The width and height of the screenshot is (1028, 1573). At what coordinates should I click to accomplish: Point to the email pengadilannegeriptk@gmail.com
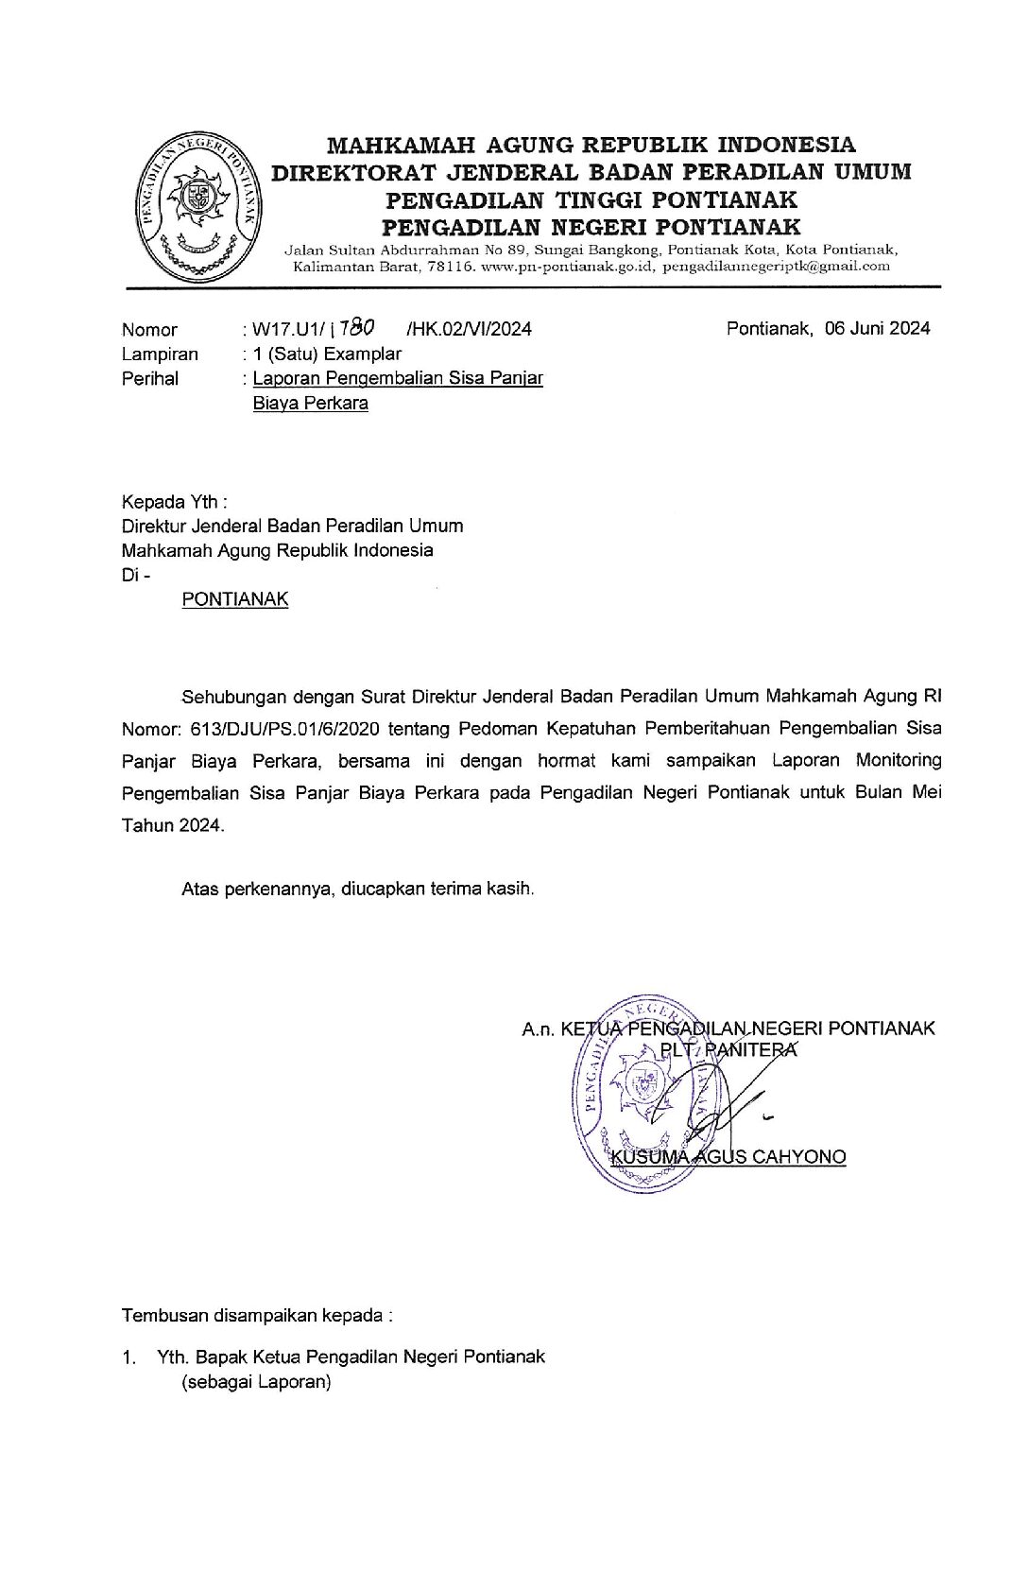[776, 267]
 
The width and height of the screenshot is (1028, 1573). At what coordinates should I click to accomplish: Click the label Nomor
[149, 330]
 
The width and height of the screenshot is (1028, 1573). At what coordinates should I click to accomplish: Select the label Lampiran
[160, 354]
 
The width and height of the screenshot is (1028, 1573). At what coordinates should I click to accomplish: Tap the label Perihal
[150, 379]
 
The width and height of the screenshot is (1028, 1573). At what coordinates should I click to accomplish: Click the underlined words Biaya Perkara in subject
[310, 404]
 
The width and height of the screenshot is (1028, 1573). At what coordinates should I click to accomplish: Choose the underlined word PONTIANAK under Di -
[235, 599]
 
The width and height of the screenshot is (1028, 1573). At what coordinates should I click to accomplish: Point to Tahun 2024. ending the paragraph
[173, 825]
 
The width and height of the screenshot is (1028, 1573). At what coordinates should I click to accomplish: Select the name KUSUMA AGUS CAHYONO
[728, 1156]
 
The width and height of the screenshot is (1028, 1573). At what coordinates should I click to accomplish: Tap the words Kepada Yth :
[175, 501]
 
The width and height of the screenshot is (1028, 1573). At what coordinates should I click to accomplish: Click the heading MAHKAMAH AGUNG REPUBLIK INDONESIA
[591, 145]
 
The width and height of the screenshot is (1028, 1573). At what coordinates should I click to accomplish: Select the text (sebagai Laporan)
[256, 1382]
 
